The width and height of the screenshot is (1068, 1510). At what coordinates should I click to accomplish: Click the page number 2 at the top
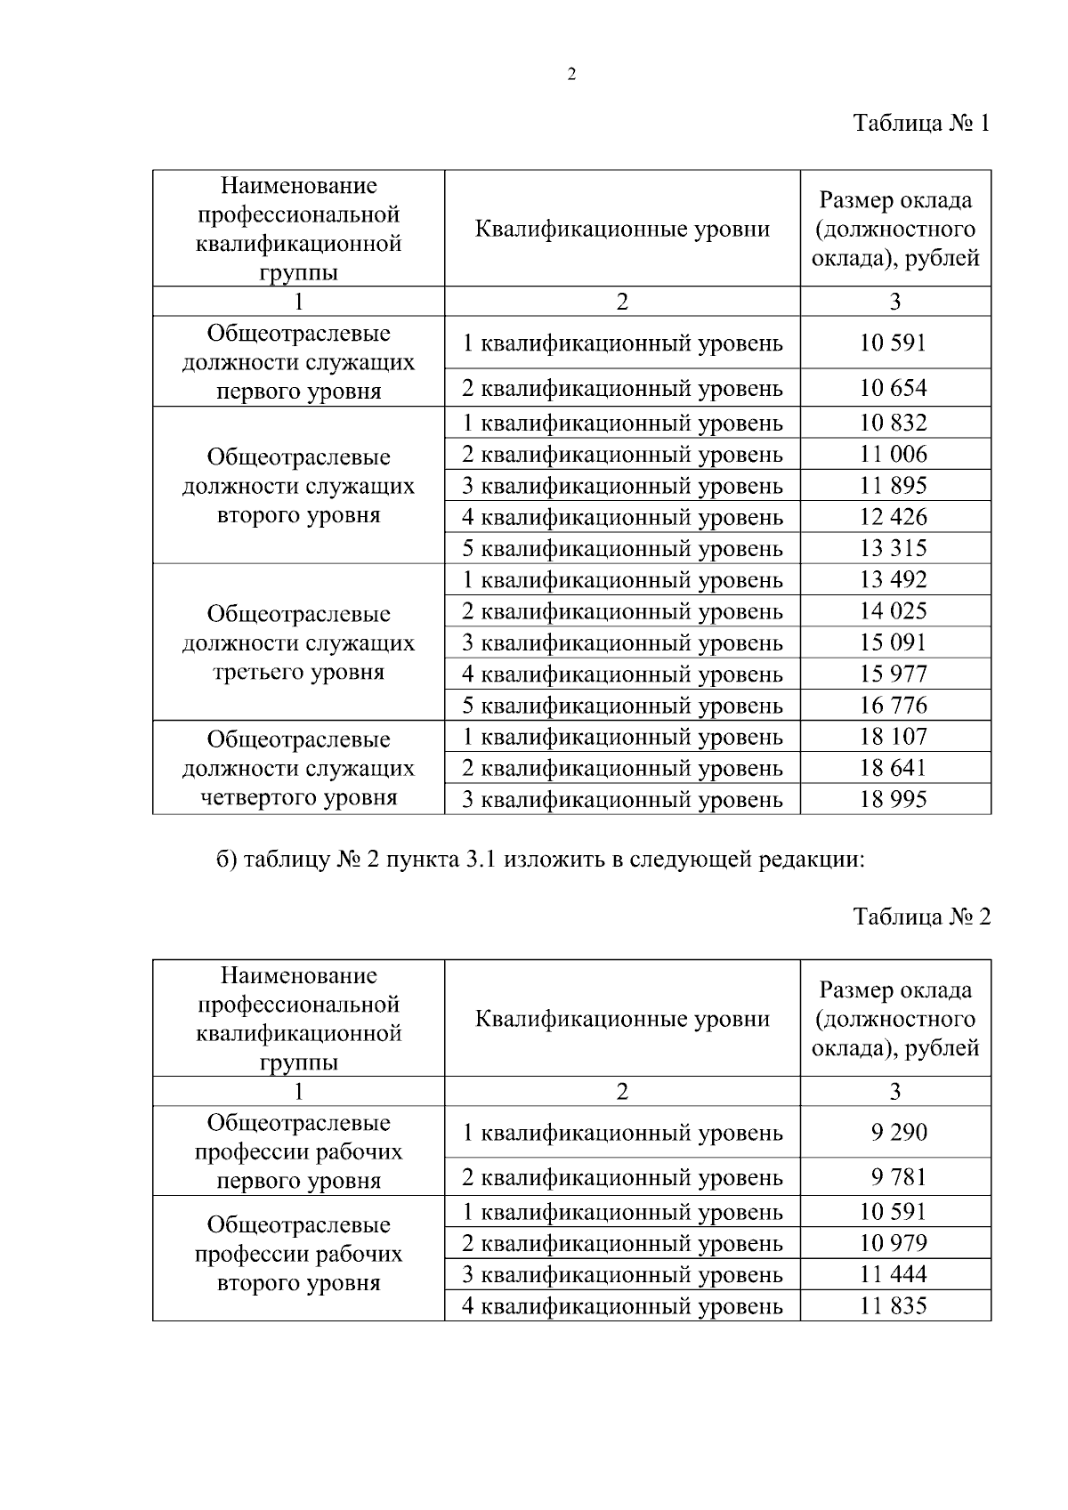pyautogui.click(x=571, y=75)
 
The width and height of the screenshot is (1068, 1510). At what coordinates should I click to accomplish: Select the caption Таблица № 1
pyautogui.click(x=921, y=123)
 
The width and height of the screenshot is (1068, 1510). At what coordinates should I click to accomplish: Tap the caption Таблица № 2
pyautogui.click(x=921, y=916)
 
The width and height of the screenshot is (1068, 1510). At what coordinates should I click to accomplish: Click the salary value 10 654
pyautogui.click(x=894, y=388)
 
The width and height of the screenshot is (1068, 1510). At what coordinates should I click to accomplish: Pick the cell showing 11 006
pyautogui.click(x=894, y=454)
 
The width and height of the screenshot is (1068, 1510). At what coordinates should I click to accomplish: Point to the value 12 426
pyautogui.click(x=894, y=517)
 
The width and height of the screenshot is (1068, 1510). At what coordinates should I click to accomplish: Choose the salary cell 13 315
pyautogui.click(x=894, y=548)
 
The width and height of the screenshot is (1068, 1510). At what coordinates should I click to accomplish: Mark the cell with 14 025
pyautogui.click(x=894, y=611)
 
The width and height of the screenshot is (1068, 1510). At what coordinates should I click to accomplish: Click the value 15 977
pyautogui.click(x=894, y=674)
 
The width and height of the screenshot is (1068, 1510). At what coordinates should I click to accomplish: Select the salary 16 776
pyautogui.click(x=894, y=706)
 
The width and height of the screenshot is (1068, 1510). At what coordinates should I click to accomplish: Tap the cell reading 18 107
pyautogui.click(x=894, y=737)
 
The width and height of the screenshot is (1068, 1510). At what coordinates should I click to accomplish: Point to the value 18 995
pyautogui.click(x=894, y=799)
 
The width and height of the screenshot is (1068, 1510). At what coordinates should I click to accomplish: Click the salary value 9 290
pyautogui.click(x=899, y=1133)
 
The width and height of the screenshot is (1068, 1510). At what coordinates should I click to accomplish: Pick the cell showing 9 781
pyautogui.click(x=899, y=1177)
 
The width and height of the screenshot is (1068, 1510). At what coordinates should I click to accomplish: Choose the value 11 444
pyautogui.click(x=894, y=1274)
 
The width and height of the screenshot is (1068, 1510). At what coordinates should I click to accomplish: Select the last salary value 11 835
pyautogui.click(x=894, y=1306)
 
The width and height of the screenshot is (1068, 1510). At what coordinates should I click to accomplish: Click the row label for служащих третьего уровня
pyautogui.click(x=298, y=642)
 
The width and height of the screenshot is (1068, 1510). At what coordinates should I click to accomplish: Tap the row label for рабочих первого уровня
pyautogui.click(x=298, y=1151)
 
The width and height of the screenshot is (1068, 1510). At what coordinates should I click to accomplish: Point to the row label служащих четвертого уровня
pyautogui.click(x=298, y=768)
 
